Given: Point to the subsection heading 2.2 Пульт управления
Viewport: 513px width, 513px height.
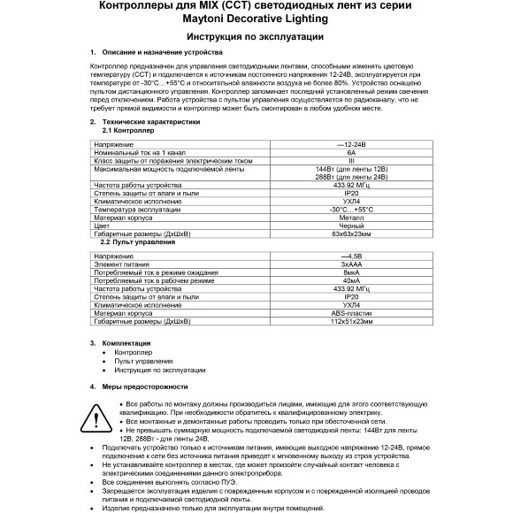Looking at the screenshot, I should (135, 241).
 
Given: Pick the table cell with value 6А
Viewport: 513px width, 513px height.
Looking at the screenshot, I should (351, 151).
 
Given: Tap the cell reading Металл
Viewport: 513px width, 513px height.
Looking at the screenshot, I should (351, 217).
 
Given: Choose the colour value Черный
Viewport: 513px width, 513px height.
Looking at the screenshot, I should (351, 226).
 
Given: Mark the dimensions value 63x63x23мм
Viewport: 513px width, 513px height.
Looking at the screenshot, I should (351, 234).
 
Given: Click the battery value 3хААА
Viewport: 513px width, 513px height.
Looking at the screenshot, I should (351, 264).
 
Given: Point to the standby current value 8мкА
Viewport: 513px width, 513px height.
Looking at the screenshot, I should (351, 272).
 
